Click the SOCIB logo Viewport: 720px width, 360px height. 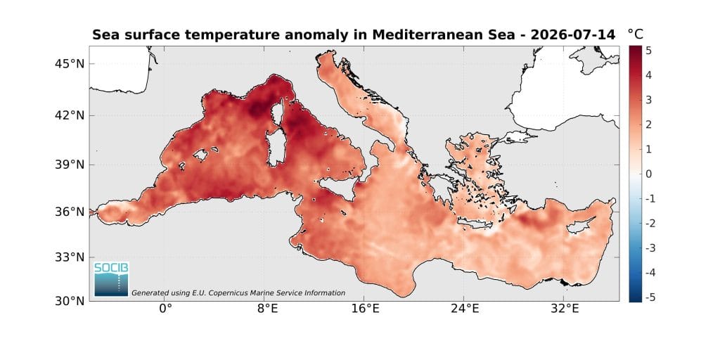pos(112,278)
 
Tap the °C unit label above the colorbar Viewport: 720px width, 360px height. pos(636,34)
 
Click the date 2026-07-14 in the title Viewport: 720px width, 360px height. pos(572,35)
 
